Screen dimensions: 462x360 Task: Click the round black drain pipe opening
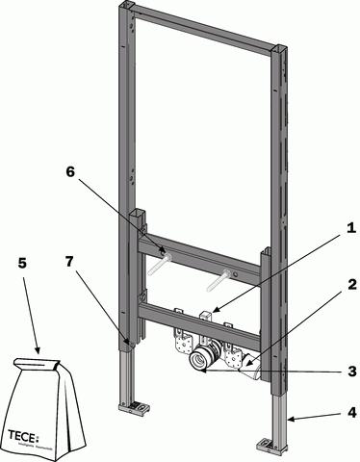click(200, 361)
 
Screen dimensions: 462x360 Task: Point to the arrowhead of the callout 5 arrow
click(39, 351)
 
